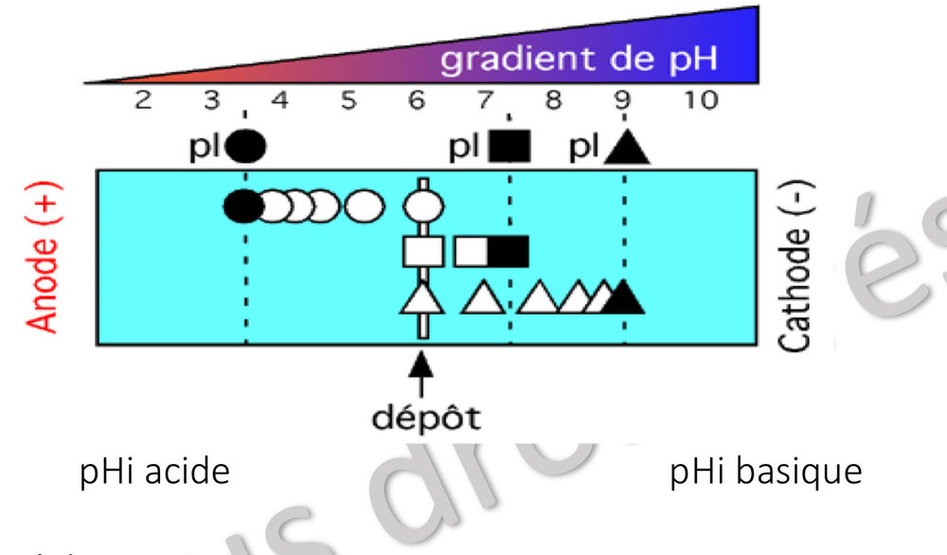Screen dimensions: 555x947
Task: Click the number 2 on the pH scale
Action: [143, 100]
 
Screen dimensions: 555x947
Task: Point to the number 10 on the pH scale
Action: [702, 100]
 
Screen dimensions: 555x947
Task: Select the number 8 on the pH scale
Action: [554, 100]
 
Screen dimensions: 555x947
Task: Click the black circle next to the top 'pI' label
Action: [246, 146]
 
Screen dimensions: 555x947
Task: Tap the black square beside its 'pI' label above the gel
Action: [510, 146]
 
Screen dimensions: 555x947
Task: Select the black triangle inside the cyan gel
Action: [624, 298]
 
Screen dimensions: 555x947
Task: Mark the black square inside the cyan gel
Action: [508, 251]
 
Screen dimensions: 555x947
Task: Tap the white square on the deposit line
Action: [423, 251]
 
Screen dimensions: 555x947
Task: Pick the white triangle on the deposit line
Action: [423, 299]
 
